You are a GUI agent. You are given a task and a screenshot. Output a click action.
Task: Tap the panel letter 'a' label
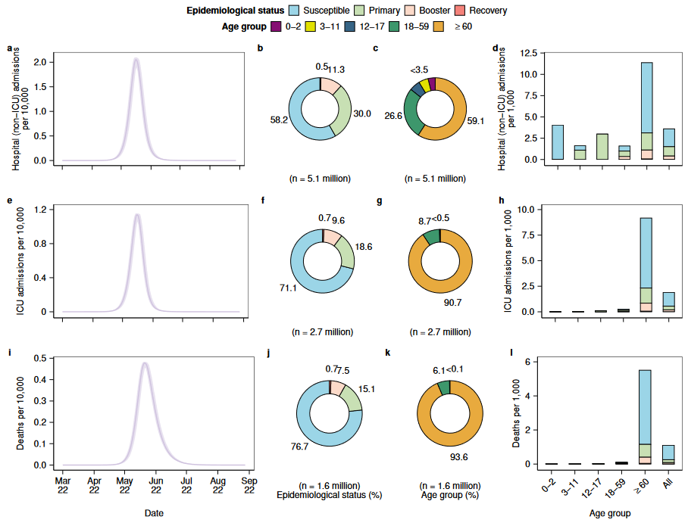click(x=10, y=49)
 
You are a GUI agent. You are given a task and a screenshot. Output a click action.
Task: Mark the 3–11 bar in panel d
click(x=580, y=152)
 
